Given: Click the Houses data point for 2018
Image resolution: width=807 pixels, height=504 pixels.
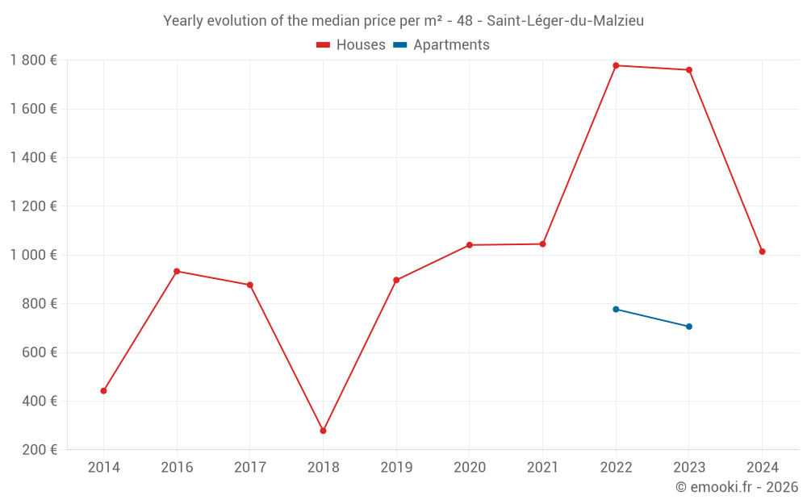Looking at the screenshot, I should coord(323,431).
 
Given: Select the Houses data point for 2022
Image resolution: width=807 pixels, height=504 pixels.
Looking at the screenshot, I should coord(616,65).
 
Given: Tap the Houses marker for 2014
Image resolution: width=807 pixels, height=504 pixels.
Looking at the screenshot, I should coord(103,391).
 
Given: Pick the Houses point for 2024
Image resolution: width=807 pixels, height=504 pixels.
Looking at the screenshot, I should coord(762,252).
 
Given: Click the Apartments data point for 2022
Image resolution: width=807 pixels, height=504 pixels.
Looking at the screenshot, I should coord(616,309).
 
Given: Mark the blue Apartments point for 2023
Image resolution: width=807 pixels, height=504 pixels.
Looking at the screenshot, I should coord(689,327).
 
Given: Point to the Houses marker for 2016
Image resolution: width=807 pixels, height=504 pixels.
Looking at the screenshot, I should coord(177,271).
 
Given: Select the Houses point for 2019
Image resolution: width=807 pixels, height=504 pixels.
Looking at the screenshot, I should coord(396,281).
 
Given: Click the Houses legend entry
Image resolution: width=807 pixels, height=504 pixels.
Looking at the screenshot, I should coord(351,45).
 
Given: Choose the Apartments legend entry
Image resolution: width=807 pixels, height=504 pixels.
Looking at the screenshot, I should coord(441,45).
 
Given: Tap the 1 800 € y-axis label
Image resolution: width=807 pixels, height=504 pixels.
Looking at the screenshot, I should coord(33,60).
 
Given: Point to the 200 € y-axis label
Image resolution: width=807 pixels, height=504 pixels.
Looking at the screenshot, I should coord(39,450).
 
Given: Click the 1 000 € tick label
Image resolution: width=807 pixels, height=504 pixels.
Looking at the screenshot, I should coord(33,255).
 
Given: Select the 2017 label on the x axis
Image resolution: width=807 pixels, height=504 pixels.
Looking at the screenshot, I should coord(250,467).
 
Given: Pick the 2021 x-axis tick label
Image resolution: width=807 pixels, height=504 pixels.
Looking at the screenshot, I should coord(542,467).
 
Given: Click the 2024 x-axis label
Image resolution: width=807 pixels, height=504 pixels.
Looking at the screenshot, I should coord(762,467).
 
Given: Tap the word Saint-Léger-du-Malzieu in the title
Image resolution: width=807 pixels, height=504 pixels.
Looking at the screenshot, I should coord(565,21).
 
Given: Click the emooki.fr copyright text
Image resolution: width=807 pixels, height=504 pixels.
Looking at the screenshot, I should coord(737,487).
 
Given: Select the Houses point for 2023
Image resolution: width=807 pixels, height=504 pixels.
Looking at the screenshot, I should coord(689,70).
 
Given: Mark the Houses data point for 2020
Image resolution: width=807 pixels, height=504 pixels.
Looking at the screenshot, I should coord(470,245).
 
